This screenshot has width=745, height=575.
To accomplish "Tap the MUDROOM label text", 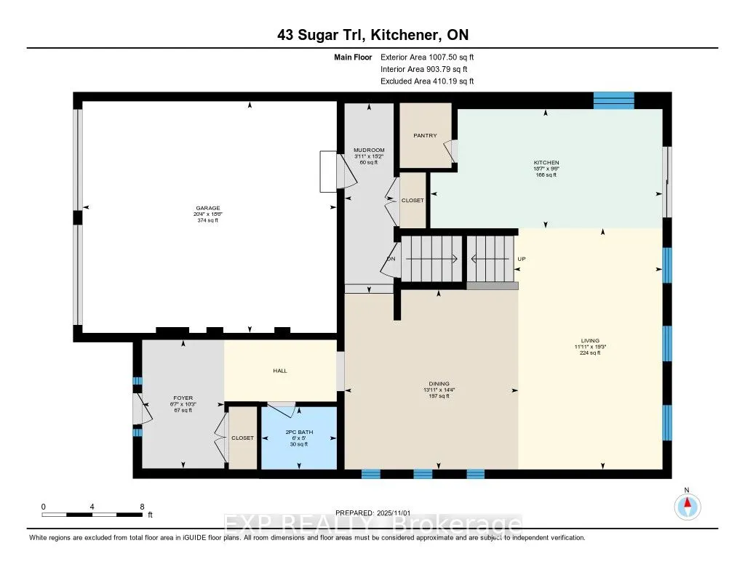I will coord(369,150).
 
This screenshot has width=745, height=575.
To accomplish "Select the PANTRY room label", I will coord(425,136).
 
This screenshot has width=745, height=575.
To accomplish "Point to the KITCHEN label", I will coord(546,163).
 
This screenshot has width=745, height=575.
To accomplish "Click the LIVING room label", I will coord(589,339).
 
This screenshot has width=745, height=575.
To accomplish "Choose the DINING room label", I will coord(439,384).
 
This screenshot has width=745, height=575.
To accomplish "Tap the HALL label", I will coord(280,371).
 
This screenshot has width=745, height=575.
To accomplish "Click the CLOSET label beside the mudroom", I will coord(413,200).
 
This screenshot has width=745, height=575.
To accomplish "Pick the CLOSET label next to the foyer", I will coord(242,438).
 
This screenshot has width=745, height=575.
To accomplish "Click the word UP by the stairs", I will coord(521,259).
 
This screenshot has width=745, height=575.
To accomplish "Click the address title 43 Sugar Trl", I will coord(372,36).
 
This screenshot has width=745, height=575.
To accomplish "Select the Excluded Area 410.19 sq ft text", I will coord(427,81).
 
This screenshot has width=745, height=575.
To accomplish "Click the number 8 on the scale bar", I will coord(141,507).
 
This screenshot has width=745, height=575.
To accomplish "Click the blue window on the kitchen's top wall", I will coord(613,100).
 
